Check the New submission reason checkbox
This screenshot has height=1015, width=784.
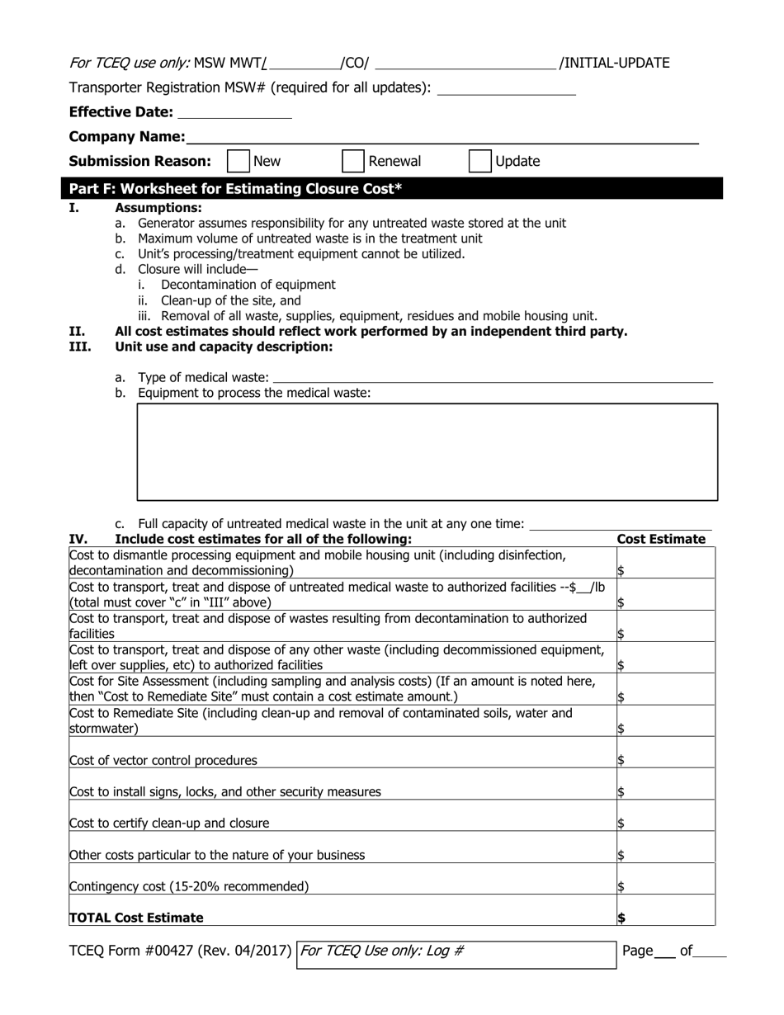(238, 161)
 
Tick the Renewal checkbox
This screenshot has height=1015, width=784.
(353, 161)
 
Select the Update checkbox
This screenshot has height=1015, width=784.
(479, 161)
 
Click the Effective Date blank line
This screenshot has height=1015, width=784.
(234, 113)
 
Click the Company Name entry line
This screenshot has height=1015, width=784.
(442, 137)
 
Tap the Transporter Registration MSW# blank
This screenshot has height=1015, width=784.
(505, 88)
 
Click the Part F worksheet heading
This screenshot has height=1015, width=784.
(236, 189)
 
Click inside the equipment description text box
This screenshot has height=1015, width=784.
(427, 451)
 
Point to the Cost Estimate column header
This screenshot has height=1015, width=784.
(661, 540)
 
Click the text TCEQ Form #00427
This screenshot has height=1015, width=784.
(180, 951)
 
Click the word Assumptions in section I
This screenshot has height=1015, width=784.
(158, 208)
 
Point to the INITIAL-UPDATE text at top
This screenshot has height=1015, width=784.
(615, 63)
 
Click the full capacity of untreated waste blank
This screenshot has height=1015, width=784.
(621, 524)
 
